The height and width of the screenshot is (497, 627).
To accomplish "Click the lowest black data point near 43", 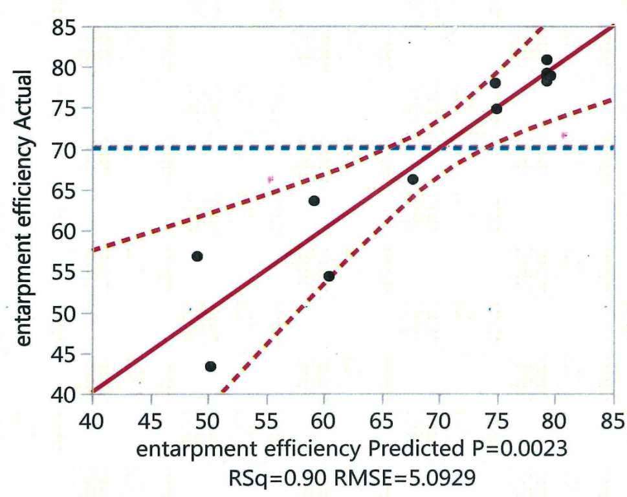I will pos(210,366).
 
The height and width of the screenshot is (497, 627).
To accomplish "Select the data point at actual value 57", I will pos(197,256).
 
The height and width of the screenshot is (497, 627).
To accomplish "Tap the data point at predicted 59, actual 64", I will pos(314,201).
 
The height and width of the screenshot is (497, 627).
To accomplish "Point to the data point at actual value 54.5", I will pos(329,276).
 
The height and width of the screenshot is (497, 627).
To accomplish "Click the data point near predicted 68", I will pos(413,179).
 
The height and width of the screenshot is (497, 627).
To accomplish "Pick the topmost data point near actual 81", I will pos(547,60).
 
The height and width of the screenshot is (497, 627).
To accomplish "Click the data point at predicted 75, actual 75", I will pos(496,109).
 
